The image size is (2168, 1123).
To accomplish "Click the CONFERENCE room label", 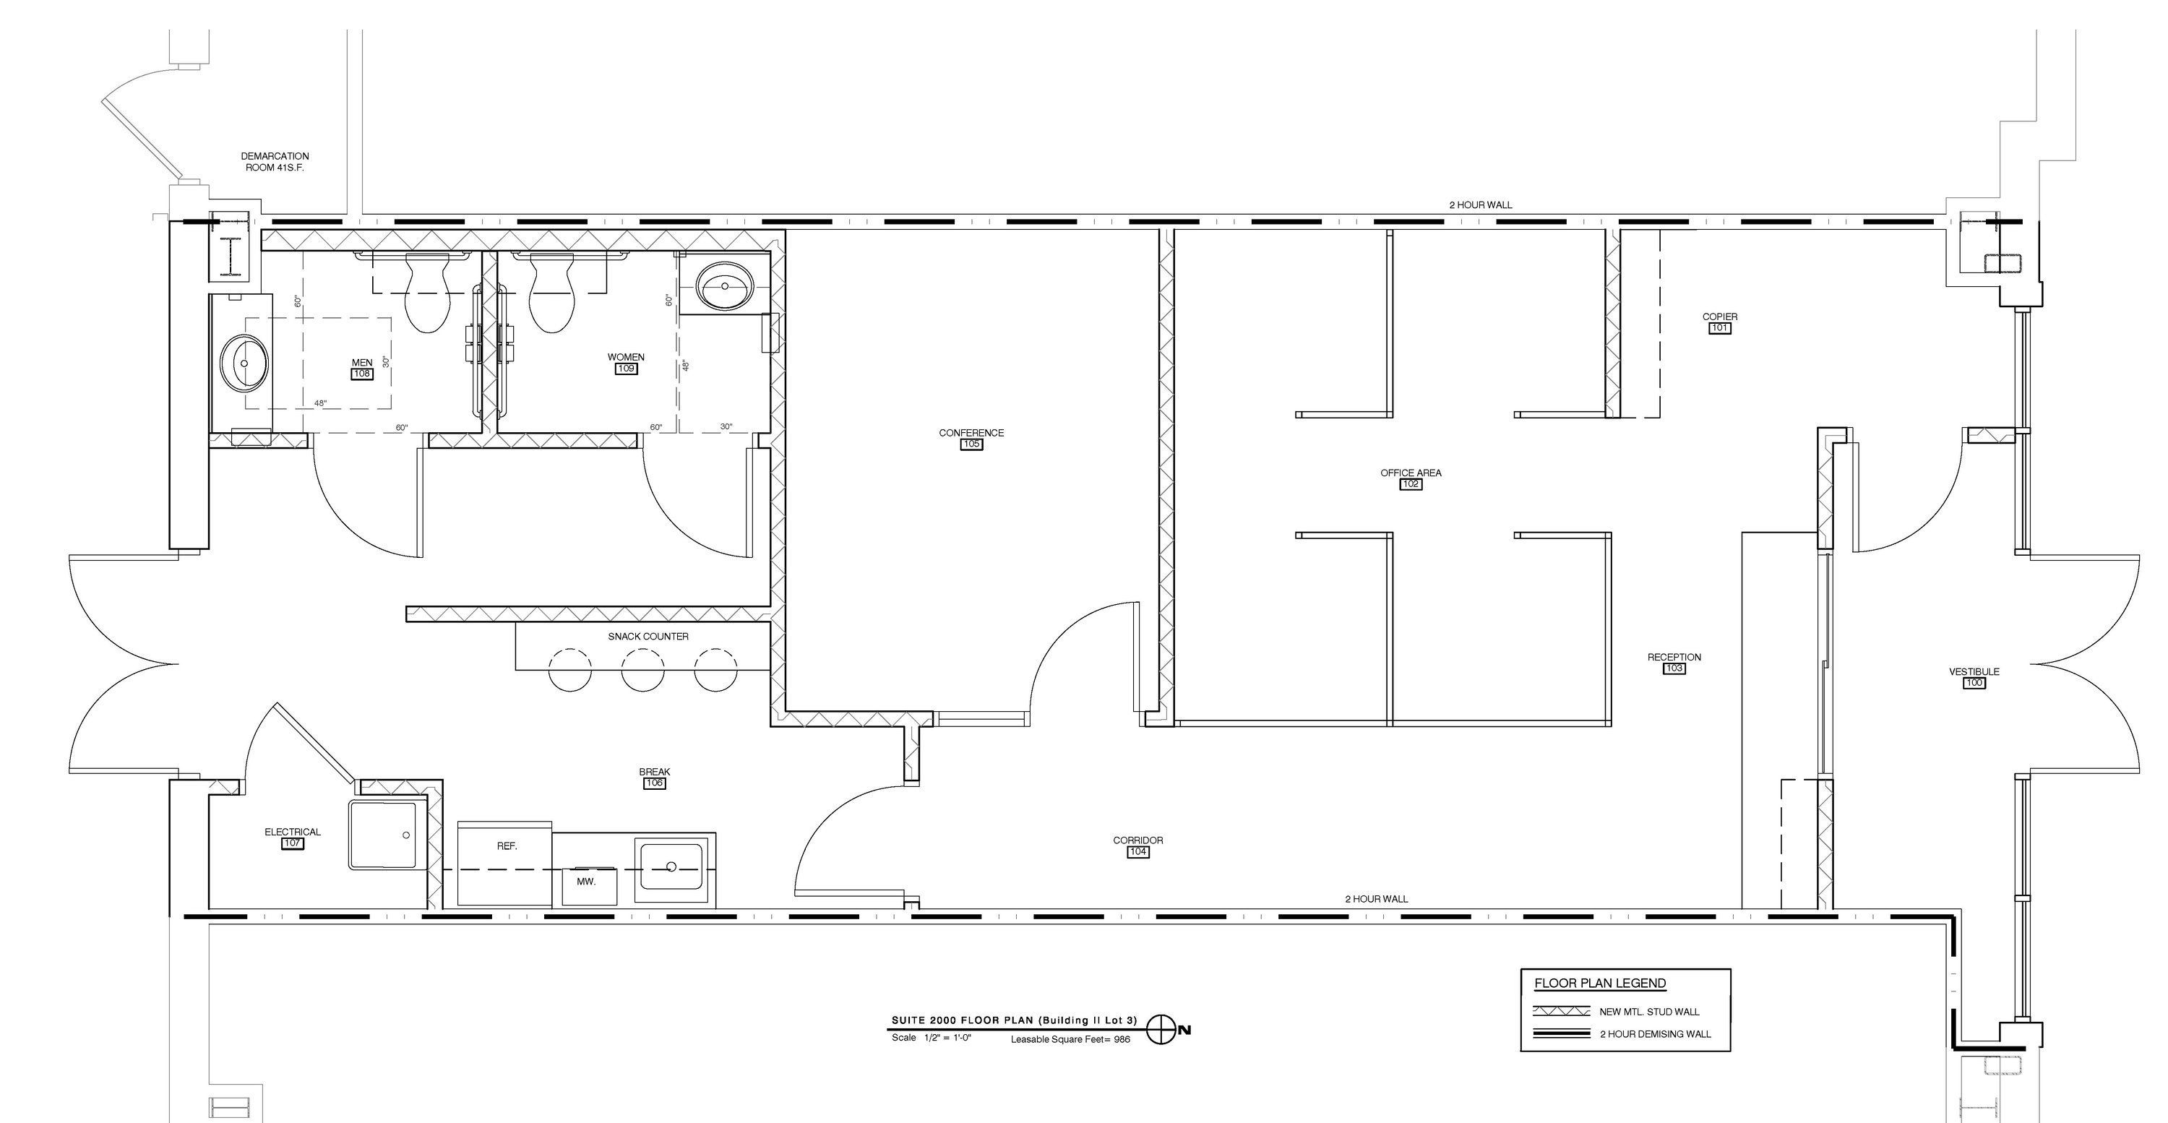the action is pos(971,433).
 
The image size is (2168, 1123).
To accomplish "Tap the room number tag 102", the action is pos(1411,484).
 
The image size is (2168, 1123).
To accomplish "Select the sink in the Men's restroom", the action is pos(244,363).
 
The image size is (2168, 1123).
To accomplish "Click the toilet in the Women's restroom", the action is pos(552,292).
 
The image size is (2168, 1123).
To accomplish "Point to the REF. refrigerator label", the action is pos(507,846).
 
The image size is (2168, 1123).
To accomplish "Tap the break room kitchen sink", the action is pos(671,866).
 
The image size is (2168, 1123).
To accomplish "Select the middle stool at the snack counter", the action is pos(643,670).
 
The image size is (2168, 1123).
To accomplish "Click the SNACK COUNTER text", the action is pos(648,637).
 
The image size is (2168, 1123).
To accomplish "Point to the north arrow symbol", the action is pos(1161,1029).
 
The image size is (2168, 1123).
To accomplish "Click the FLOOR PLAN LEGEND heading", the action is pos(1600,984).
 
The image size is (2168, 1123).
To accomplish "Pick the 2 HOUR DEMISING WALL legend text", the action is pos(1656,1034).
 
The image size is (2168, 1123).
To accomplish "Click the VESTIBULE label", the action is pos(1974,672).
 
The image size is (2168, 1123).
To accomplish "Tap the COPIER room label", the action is pos(1720,317).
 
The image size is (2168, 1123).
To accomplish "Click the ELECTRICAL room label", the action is pos(293,832).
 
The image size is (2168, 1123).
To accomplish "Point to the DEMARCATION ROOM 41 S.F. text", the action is pos(275,162).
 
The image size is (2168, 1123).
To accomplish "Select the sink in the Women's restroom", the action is pos(725,286).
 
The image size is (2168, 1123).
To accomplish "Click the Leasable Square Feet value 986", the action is pos(1122,1040).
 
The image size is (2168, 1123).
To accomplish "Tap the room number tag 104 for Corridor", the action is pos(1139,852).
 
